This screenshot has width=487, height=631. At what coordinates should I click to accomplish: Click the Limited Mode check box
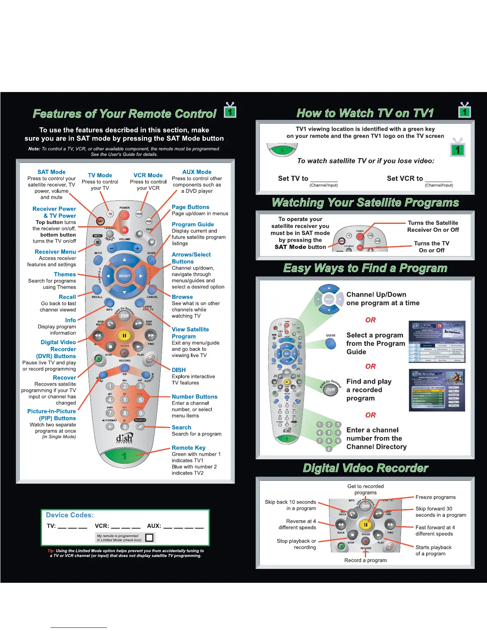click(x=149, y=538)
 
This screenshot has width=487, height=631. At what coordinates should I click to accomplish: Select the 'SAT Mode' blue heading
click(x=51, y=172)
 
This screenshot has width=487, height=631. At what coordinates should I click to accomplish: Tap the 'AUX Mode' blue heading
click(x=197, y=172)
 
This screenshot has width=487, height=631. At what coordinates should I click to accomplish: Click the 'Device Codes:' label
click(x=70, y=515)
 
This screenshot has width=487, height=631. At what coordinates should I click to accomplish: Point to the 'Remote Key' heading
click(x=189, y=448)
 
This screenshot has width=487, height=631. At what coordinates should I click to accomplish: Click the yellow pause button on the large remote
click(x=124, y=336)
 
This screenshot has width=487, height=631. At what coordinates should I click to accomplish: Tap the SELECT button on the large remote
click(x=125, y=276)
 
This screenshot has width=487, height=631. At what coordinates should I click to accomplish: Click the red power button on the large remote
click(x=125, y=215)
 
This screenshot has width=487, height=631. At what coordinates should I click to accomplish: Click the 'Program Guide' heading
click(x=193, y=225)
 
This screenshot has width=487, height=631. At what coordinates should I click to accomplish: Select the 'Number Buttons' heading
click(x=195, y=397)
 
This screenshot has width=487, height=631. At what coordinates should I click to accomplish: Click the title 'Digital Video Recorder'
click(x=365, y=468)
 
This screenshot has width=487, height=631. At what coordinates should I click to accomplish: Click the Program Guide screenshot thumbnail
click(x=437, y=342)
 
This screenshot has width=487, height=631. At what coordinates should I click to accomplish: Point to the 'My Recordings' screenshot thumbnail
click(x=437, y=390)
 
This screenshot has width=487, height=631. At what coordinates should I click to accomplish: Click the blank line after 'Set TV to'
click(x=324, y=179)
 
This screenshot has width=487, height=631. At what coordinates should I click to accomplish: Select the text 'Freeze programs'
click(x=435, y=497)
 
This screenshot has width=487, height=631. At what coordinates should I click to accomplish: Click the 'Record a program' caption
click(x=365, y=560)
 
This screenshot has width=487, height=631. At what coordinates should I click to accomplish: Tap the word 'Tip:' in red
click(x=51, y=551)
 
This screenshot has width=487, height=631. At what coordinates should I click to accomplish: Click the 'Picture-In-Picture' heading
click(x=51, y=412)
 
